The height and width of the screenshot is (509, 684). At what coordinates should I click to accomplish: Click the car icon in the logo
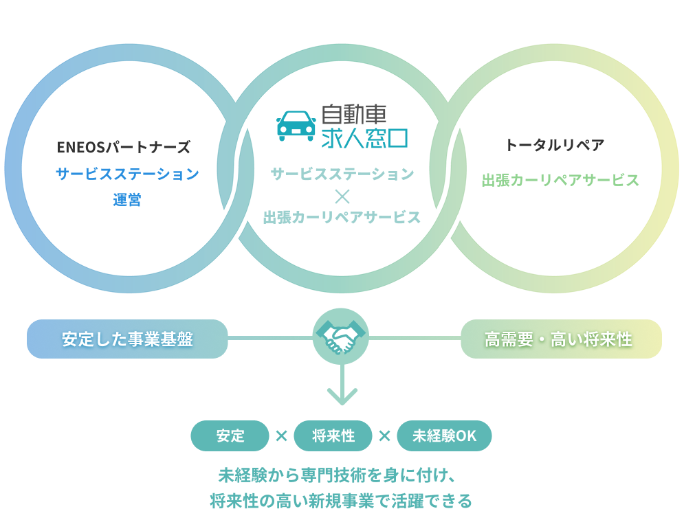296,126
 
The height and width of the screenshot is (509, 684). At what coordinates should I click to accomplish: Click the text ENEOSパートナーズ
124,146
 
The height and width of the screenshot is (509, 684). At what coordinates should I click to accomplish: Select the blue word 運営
127,201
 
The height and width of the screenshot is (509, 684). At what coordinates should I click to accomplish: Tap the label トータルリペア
554,145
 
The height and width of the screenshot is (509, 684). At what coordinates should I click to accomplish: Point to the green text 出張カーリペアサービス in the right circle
560,181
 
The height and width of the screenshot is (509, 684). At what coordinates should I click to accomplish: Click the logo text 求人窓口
364,138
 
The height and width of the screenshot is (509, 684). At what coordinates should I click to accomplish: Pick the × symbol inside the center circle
342,196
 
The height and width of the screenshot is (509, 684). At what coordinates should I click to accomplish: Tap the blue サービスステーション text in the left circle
127,174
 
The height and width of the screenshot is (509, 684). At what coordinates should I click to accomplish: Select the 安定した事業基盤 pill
127,339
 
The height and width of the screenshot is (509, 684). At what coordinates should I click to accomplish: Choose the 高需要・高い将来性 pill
560,339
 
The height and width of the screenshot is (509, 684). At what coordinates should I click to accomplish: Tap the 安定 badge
230,436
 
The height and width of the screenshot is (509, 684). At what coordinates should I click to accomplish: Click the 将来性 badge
333,436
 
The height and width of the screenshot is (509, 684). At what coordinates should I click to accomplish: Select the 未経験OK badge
444,436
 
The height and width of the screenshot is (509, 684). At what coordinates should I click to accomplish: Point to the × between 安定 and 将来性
281,436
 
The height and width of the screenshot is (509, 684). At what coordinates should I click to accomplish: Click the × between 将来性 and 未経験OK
384,436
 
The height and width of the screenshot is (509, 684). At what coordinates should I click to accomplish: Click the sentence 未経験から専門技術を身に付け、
342,475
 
